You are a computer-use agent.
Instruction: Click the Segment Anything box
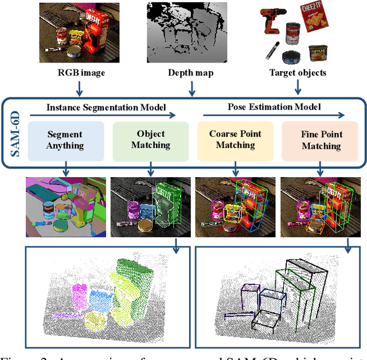(65, 140)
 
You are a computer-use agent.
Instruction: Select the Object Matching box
(150, 139)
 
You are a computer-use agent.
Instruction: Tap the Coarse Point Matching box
(235, 140)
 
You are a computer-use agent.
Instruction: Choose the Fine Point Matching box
(321, 140)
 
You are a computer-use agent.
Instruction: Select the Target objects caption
(298, 73)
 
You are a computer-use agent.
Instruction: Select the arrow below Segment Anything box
(66, 169)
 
